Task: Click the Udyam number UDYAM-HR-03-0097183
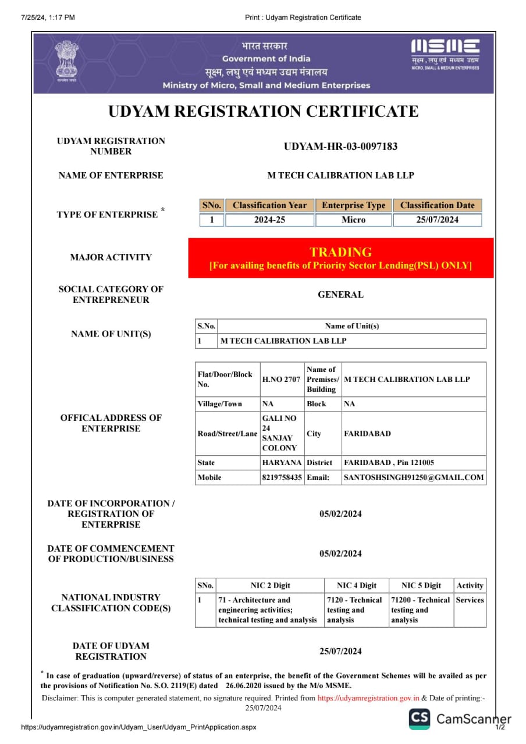click(340, 146)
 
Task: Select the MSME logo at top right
click(445, 55)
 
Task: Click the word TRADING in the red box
click(340, 252)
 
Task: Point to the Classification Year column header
click(269, 205)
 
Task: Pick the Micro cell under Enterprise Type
click(354, 220)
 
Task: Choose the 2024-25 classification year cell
click(269, 220)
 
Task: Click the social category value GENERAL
click(340, 295)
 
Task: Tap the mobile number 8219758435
click(282, 477)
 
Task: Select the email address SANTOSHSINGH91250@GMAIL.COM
click(414, 477)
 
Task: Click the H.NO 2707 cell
click(282, 380)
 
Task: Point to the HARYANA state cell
click(282, 463)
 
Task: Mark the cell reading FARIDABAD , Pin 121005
click(389, 463)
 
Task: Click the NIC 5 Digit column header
click(421, 585)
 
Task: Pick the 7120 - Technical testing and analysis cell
click(356, 610)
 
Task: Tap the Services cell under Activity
click(470, 600)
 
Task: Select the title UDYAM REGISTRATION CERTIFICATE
click(264, 112)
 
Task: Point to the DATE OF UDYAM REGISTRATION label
click(111, 651)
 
